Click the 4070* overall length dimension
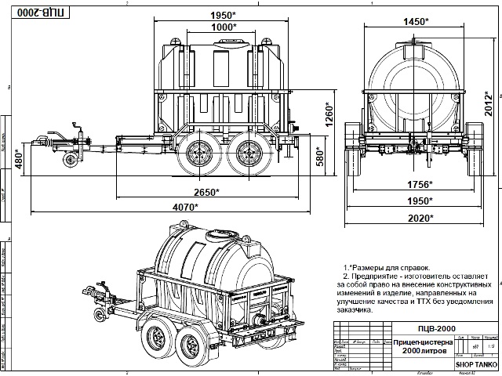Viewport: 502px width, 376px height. (185, 208)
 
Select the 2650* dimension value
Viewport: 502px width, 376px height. (207, 192)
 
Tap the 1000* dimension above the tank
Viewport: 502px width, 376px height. (224, 27)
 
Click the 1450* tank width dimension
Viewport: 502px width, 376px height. (417, 21)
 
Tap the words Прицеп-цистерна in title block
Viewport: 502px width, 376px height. (422, 343)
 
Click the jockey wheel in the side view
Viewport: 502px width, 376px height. (71, 161)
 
